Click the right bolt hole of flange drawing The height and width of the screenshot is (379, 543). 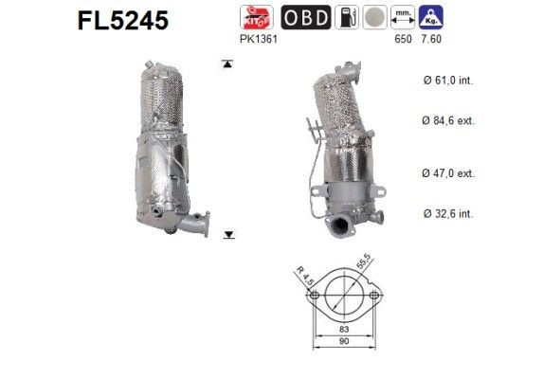coord(374,297)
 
